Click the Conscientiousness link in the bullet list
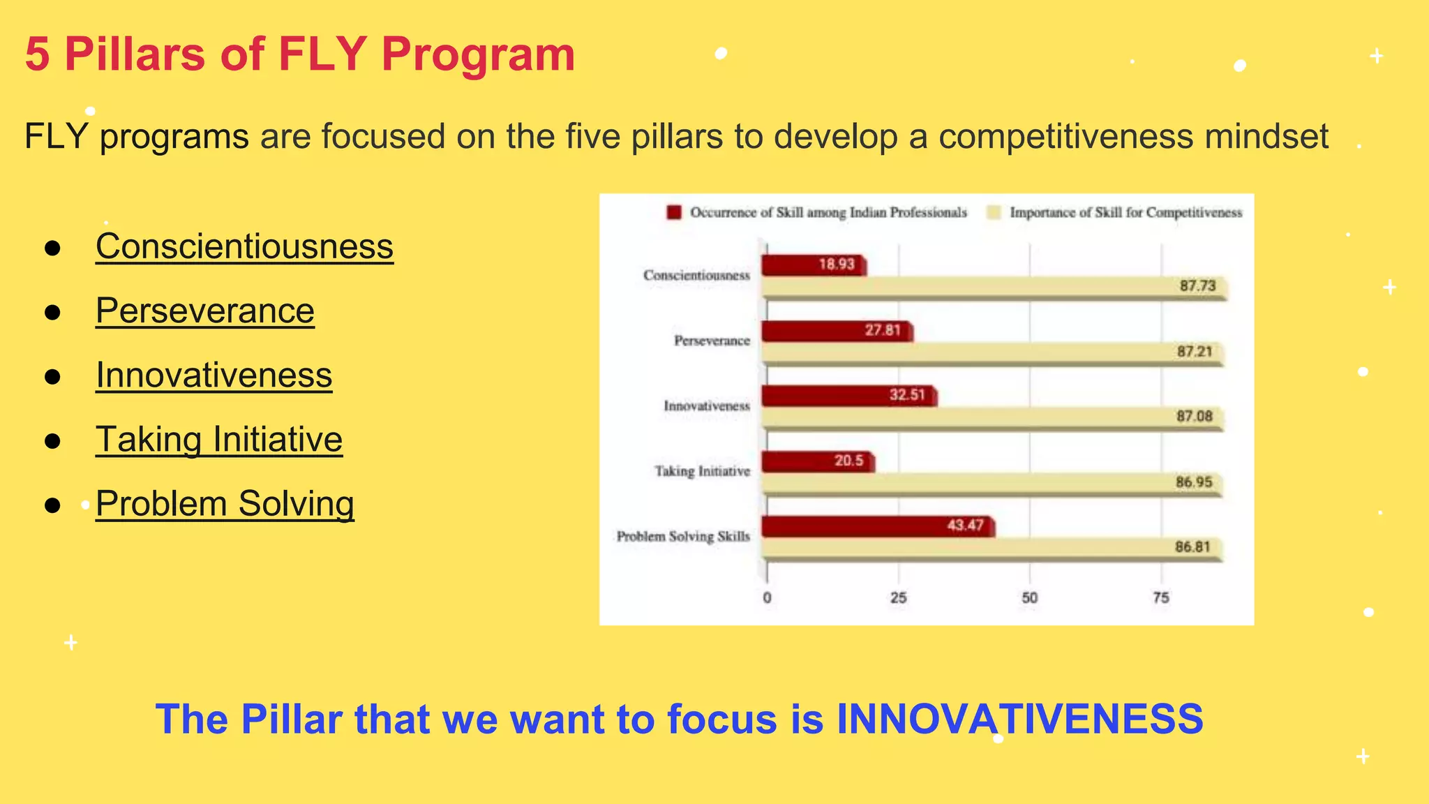[x=244, y=246]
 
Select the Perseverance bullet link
[x=204, y=311]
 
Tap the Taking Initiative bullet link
[x=219, y=440]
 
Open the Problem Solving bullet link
[x=225, y=504]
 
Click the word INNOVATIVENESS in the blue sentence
[x=1019, y=719]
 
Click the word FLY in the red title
[x=322, y=54]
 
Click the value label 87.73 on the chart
[x=1197, y=285]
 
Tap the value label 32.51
[x=906, y=395]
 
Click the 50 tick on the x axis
[x=1029, y=597]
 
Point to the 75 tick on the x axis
[x=1160, y=597]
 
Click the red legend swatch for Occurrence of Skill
[x=673, y=212]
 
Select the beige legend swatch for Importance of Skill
[x=994, y=212]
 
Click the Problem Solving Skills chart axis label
[x=682, y=537]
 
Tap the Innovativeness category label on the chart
[x=706, y=405]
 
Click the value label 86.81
[x=1192, y=546]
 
